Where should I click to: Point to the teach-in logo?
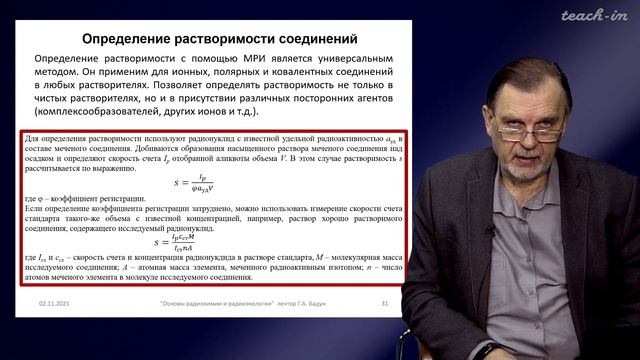point(593,15)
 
